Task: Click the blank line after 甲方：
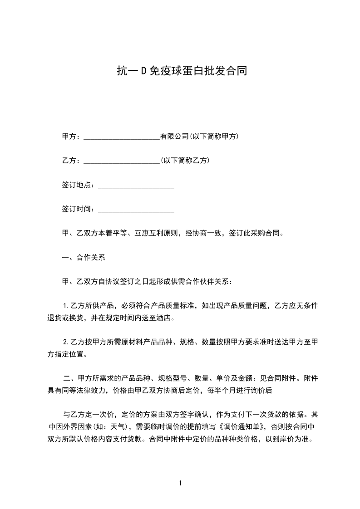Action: (x=122, y=137)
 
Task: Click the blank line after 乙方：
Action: (x=122, y=161)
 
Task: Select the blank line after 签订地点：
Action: (x=136, y=185)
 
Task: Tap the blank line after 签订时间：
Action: (x=136, y=209)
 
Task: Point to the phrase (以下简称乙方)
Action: (x=185, y=161)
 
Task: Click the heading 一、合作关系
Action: (x=84, y=258)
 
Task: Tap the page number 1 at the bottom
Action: (x=180, y=483)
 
